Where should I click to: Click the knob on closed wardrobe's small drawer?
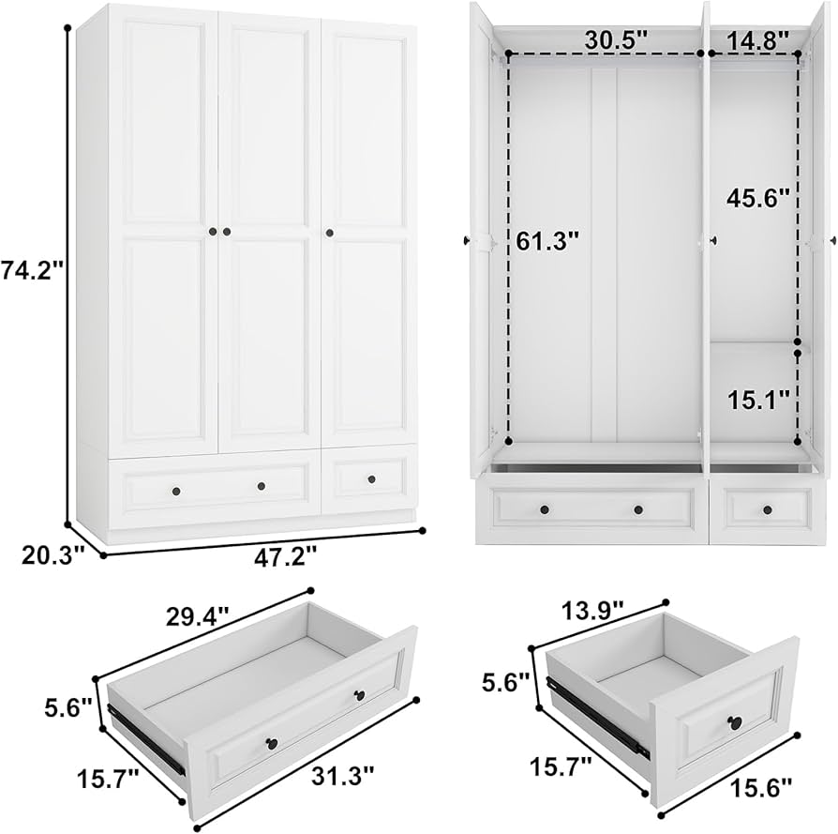pyautogui.click(x=370, y=479)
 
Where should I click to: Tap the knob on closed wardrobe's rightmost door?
pyautogui.click(x=330, y=232)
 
